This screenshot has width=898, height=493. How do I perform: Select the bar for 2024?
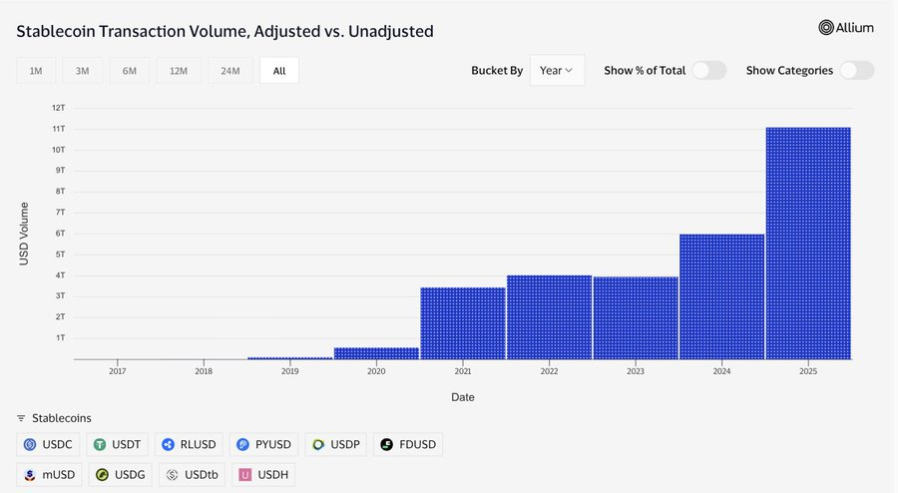[721, 296]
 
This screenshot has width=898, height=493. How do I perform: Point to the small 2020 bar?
[376, 353]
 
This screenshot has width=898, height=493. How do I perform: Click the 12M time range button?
[179, 71]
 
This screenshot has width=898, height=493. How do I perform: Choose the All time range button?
[279, 71]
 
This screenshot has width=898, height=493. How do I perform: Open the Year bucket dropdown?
[557, 71]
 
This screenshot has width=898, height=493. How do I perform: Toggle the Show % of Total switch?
[708, 71]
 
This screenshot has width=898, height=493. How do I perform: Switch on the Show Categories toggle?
[856, 71]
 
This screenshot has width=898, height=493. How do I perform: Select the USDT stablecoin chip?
[118, 445]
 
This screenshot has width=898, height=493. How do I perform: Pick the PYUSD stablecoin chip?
[262, 445]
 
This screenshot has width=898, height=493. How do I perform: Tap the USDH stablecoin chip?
[262, 475]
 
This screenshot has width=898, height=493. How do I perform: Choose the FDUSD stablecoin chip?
[407, 445]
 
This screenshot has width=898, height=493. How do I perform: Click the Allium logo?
[846, 28]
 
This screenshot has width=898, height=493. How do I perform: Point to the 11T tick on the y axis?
[59, 129]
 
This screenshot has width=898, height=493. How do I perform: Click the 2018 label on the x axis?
[204, 370]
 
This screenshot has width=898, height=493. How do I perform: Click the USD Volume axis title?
[24, 234]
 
